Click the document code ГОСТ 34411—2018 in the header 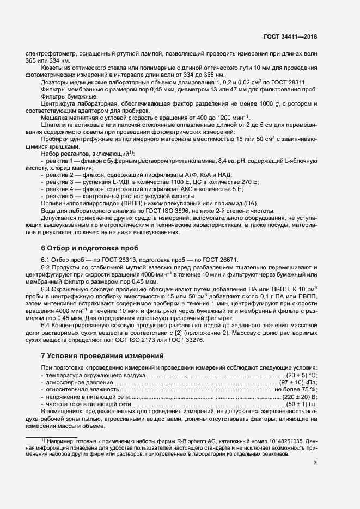tap(289, 37)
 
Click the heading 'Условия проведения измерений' tap(103, 355)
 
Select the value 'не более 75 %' tap(295, 390)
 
